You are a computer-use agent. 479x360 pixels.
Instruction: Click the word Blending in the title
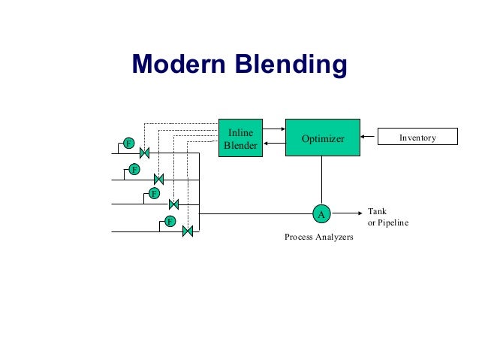point(297,65)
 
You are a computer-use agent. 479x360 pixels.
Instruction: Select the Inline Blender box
point(241,138)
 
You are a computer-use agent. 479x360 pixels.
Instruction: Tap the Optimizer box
point(322,138)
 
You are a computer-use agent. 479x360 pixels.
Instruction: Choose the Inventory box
point(417,138)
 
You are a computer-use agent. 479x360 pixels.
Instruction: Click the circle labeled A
point(321,214)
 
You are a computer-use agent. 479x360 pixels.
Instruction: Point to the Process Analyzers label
point(318,237)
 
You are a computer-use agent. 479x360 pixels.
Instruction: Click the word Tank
point(376,211)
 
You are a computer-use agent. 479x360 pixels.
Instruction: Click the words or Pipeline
point(387,222)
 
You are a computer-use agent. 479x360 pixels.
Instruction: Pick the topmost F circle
point(128,143)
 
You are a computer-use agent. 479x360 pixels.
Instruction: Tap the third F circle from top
point(154,194)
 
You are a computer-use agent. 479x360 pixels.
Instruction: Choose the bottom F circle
point(170,221)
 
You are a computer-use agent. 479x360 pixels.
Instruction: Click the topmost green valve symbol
point(145,153)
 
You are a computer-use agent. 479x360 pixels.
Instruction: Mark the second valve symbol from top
point(159,179)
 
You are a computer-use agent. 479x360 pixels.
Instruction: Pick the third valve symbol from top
point(173,204)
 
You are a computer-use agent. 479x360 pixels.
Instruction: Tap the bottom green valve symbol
point(188,231)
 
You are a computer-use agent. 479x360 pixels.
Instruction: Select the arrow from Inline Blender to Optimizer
point(275,129)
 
